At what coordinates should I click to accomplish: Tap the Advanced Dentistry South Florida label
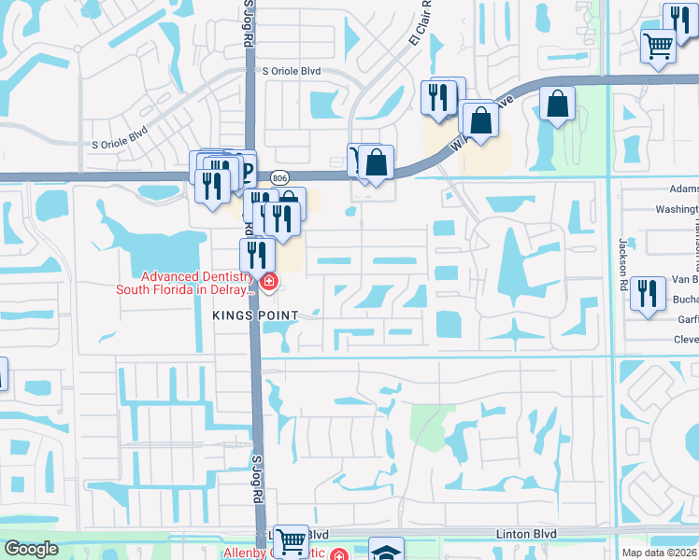click(x=184, y=283)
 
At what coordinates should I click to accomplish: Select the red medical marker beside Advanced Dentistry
click(x=269, y=280)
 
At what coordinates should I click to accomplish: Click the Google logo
click(x=31, y=549)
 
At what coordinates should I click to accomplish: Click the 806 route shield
click(x=278, y=176)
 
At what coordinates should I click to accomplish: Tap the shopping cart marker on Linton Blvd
click(x=292, y=539)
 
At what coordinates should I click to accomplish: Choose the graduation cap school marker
click(x=386, y=550)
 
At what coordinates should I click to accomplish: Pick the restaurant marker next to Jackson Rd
click(x=648, y=293)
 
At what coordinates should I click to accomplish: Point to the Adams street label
click(x=684, y=189)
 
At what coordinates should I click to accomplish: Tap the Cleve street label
click(x=686, y=340)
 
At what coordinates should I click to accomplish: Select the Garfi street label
click(x=688, y=318)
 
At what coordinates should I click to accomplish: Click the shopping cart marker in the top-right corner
click(x=659, y=44)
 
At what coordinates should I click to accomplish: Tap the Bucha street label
click(x=685, y=300)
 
